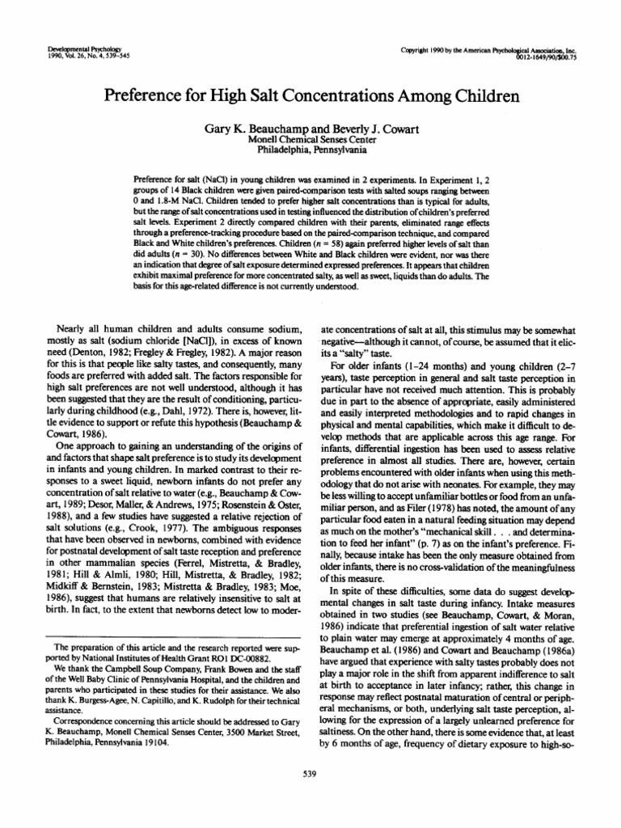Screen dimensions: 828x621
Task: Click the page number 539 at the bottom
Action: pos(310,779)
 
